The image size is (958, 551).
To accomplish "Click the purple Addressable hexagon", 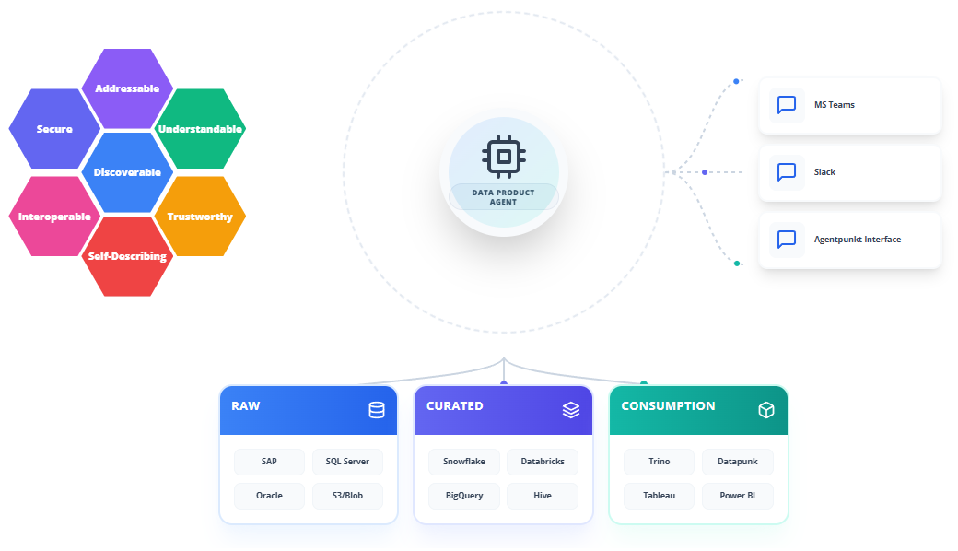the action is [x=127, y=88].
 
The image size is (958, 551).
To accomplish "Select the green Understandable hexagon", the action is [x=201, y=129].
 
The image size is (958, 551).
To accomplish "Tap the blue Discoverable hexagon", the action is [x=127, y=172].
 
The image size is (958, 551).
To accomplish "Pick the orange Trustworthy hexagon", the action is [x=201, y=217].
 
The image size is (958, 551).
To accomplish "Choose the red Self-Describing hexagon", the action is [x=127, y=256].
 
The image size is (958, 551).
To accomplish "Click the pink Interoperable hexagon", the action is [x=54, y=217].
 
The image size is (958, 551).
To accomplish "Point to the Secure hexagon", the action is [x=54, y=129].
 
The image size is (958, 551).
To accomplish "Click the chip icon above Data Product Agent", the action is [x=504, y=157].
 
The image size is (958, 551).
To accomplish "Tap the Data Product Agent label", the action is [x=504, y=196].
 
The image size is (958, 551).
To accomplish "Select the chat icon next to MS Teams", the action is [x=787, y=105].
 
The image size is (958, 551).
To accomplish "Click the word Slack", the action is [x=824, y=172].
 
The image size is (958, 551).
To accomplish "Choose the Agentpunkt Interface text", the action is [x=858, y=240].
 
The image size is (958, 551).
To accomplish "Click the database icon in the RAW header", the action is [x=377, y=410].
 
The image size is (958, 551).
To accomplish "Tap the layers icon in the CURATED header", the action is [x=571, y=410].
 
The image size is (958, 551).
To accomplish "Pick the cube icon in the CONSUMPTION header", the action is [x=766, y=410].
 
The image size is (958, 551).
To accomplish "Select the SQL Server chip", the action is [x=347, y=462].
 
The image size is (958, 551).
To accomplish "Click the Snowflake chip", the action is [x=464, y=462].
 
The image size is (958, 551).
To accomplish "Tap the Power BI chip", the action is [x=738, y=496].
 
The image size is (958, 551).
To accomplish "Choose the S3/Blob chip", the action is [x=347, y=496].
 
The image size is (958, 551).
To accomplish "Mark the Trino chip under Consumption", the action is [x=660, y=462].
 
